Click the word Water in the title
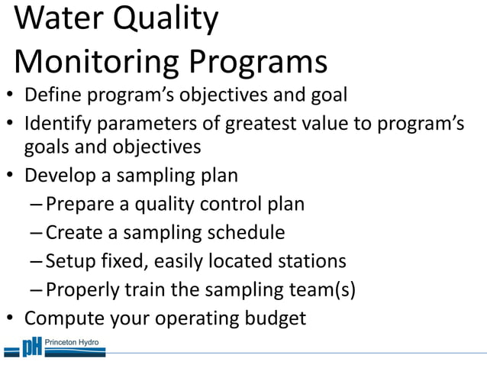pyautogui.click(x=57, y=19)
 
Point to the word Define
pyautogui.click(x=52, y=96)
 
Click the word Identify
pyautogui.click(x=58, y=123)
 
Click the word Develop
pyautogui.click(x=59, y=176)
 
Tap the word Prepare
pyautogui.click(x=86, y=205)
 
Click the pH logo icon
pyautogui.click(x=31, y=348)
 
